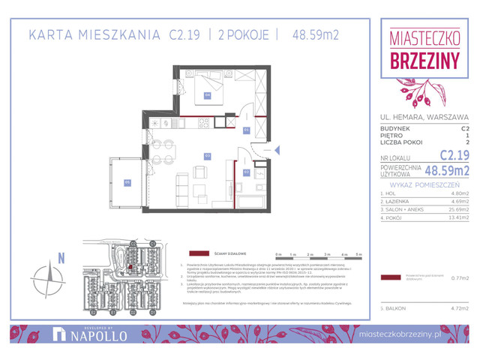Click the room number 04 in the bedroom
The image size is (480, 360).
tap(208, 95)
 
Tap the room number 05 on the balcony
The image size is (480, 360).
tap(127, 181)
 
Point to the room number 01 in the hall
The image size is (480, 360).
tap(247, 130)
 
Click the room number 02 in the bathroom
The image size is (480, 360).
tap(247, 172)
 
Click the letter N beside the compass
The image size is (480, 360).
tap(62, 258)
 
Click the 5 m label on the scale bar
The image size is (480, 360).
tap(359, 255)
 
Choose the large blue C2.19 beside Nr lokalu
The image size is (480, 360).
tap(454, 155)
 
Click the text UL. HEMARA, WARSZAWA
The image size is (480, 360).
tap(424, 116)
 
